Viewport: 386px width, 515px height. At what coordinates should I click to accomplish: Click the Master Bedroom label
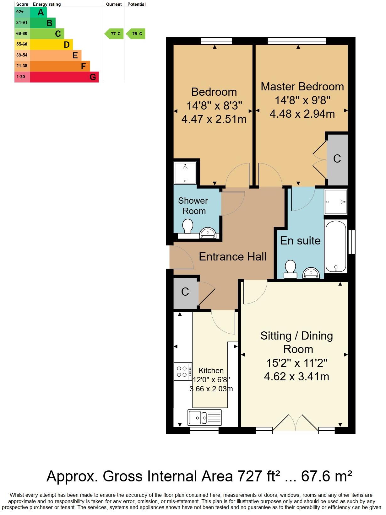coord(302,87)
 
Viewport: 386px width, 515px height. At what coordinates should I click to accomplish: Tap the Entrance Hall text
coord(232,257)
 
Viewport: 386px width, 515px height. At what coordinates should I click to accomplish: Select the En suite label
coord(300,241)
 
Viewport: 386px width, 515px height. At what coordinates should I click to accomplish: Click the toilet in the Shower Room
coord(188,226)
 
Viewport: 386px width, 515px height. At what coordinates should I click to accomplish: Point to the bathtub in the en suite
coord(336,246)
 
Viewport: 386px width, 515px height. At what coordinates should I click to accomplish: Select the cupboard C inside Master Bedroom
coord(337,159)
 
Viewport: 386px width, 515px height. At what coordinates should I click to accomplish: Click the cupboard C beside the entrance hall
coord(185,292)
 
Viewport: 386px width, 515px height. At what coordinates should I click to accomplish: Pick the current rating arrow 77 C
coord(114,34)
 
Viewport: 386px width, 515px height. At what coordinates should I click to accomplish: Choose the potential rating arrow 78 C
coord(136,34)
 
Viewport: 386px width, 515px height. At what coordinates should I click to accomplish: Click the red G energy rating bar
coord(64,77)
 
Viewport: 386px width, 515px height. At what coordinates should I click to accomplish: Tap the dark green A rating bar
coord(39,12)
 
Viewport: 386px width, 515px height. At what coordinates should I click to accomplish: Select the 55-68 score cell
coord(22,44)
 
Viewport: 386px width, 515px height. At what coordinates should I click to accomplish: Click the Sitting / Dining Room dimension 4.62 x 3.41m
coord(296,376)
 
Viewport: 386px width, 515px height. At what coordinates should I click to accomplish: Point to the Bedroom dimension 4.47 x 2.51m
coord(214,119)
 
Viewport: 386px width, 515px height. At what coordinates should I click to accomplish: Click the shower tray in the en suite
coord(336,202)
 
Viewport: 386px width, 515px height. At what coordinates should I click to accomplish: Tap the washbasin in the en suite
coord(311,273)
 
